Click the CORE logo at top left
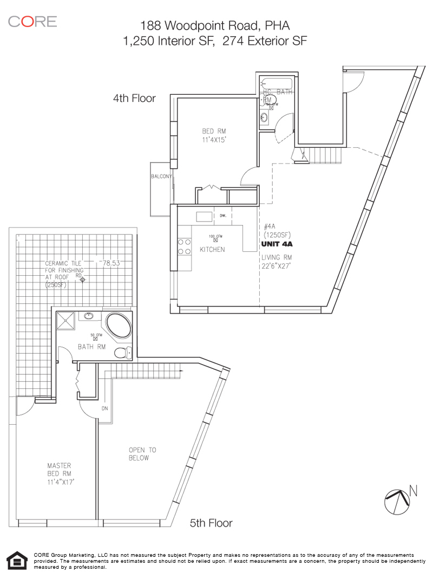coord(32,22)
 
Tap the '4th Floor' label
coord(134,98)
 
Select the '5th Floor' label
coord(211,523)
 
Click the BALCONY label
coord(161,177)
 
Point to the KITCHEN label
coord(212,249)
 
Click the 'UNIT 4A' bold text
coord(277,244)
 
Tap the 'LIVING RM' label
coord(277,257)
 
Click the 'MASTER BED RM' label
coord(59,469)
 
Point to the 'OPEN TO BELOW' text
coord(142,453)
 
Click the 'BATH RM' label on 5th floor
coord(91,347)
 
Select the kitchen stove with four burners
coord(184,247)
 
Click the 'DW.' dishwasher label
coord(222,216)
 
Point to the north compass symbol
coord(397,501)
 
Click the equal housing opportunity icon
coord(17,561)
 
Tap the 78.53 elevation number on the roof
coord(111,263)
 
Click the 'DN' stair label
coord(105,408)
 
